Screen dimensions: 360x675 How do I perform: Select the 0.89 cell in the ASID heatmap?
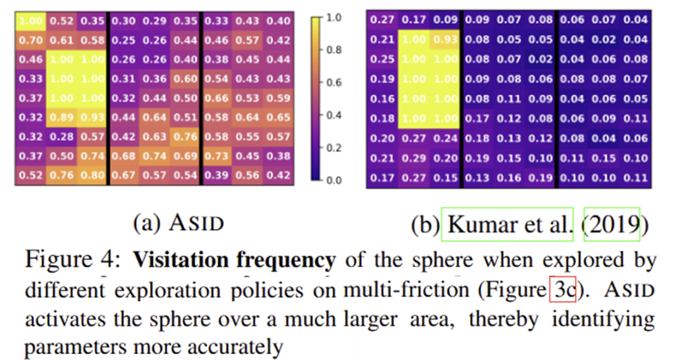61,119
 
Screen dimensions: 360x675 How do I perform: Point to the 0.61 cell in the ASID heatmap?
61,40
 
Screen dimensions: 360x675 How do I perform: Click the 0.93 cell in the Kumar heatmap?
444,40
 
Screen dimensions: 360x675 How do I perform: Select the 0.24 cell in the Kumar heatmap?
444,138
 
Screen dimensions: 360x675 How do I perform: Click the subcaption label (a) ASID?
178,223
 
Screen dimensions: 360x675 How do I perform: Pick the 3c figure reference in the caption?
559,290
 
